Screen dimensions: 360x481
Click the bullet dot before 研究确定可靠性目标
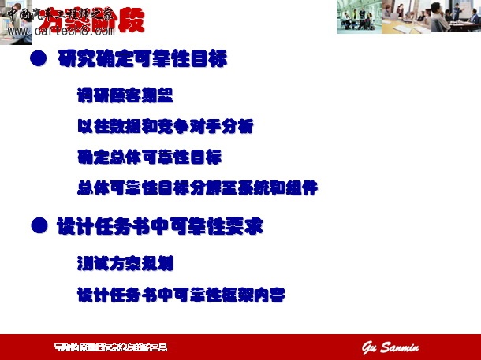(x=36, y=59)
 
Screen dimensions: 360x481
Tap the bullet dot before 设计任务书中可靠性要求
(x=36, y=226)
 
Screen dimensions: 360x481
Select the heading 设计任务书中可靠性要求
(x=159, y=227)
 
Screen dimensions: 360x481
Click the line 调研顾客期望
(x=125, y=96)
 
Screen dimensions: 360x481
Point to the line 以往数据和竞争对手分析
(x=165, y=126)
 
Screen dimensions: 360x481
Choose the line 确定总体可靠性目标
(x=149, y=156)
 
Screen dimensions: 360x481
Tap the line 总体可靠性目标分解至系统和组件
(x=197, y=188)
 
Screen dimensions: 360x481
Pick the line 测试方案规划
(x=125, y=263)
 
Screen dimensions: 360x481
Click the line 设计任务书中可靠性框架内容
(x=181, y=295)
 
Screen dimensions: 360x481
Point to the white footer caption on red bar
(x=110, y=347)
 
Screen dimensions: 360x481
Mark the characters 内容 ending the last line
(x=269, y=295)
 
